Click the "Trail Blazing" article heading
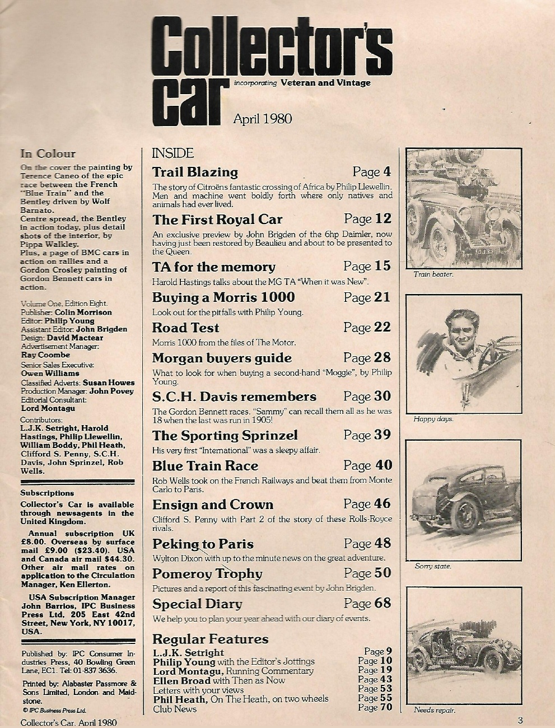tap(195, 172)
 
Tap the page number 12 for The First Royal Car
tap(383, 218)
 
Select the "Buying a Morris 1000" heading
tap(223, 297)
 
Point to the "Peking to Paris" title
tap(203, 544)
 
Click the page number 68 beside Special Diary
tap(383, 603)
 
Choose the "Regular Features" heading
tap(210, 639)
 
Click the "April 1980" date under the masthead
tap(262, 118)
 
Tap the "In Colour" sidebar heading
tap(48, 153)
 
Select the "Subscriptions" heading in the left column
tap(47, 493)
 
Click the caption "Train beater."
tap(433, 274)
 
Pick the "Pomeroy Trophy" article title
tap(207, 573)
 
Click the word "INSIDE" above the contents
tap(173, 153)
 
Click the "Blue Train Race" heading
tap(206, 466)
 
